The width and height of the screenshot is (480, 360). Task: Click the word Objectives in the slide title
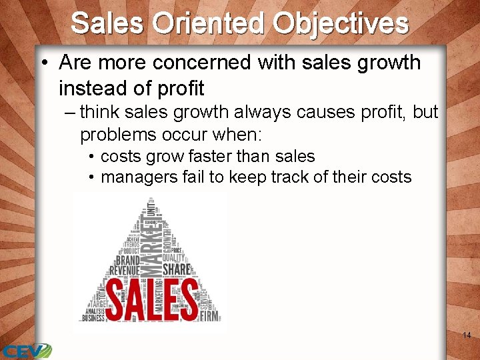[x=340, y=23]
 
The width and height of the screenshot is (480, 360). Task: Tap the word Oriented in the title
[x=209, y=23]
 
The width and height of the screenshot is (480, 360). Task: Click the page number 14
[x=467, y=335]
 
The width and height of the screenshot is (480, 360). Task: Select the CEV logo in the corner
[x=25, y=351]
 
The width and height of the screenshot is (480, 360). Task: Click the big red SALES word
[x=152, y=299]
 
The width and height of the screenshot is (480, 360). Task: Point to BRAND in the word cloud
[x=128, y=260]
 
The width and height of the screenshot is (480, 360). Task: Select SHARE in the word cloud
[x=176, y=269]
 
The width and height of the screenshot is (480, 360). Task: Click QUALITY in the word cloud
[x=175, y=257]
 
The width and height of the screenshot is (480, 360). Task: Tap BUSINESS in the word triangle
[x=93, y=317]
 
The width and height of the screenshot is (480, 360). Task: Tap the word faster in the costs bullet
[x=217, y=157]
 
